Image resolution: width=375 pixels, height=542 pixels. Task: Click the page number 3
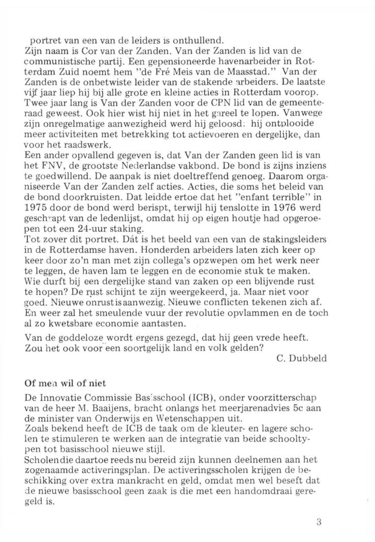pos(318,523)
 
